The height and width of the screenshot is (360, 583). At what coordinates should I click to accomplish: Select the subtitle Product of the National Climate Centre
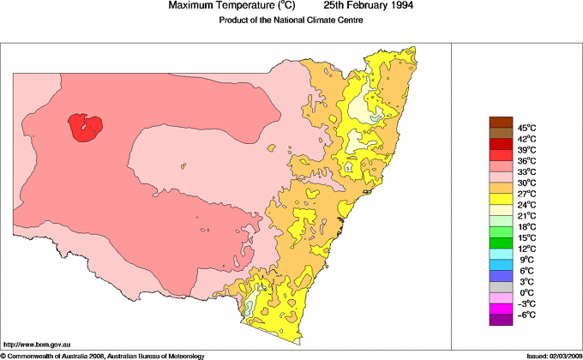293,20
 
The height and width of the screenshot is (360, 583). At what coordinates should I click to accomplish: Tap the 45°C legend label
526,127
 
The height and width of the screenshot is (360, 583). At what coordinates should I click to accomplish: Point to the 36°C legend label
526,160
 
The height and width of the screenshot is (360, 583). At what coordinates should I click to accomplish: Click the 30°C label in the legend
526,183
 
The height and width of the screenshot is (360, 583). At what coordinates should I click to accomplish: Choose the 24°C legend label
526,205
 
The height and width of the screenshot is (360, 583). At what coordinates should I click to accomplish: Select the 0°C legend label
526,293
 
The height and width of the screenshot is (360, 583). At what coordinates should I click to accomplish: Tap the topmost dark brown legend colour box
500,122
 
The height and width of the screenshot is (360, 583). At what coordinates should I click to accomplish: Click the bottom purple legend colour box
500,321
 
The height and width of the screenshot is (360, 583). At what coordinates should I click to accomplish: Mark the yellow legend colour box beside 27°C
500,199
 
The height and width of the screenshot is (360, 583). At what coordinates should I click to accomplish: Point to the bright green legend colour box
500,232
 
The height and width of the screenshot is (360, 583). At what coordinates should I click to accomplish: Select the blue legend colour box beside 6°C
500,276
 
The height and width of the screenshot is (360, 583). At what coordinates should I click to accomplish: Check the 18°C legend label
526,227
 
